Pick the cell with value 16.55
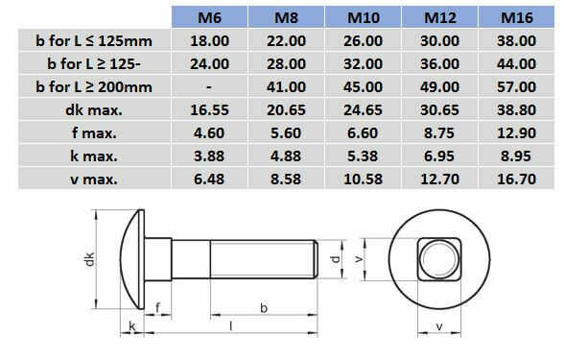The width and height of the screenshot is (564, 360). pyautogui.click(x=209, y=110)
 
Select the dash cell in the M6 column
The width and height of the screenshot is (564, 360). pyautogui.click(x=209, y=87)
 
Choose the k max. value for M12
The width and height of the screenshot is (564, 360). pyautogui.click(x=439, y=156)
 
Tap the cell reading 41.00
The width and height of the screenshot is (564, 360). pyautogui.click(x=285, y=87)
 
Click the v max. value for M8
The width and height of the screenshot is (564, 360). pyautogui.click(x=285, y=180)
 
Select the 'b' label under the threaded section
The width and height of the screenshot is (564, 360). pyautogui.click(x=263, y=306)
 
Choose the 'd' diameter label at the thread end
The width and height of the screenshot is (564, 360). pyautogui.click(x=332, y=258)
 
